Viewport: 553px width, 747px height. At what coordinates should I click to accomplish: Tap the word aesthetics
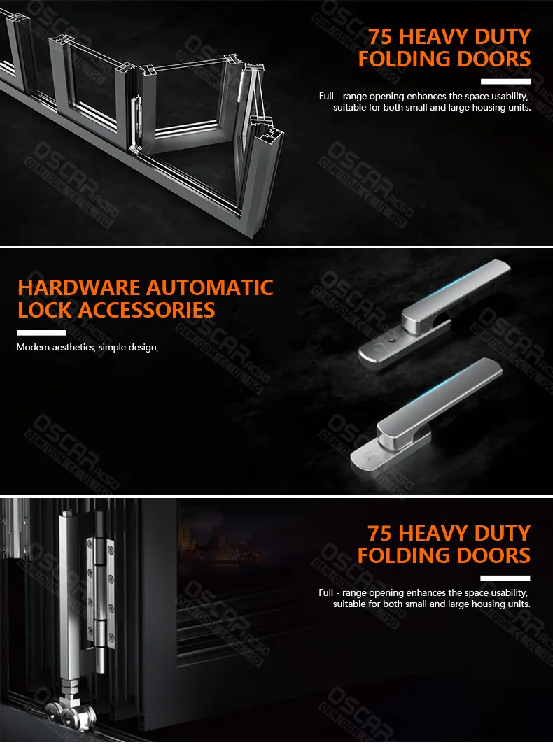point(76,347)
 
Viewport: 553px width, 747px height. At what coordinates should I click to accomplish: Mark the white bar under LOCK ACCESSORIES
point(41,332)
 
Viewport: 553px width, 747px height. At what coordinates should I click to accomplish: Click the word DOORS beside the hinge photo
point(494,556)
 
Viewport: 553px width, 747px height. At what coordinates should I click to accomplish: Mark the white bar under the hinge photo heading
point(505,578)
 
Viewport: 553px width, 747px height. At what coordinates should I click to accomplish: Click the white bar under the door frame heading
point(505,81)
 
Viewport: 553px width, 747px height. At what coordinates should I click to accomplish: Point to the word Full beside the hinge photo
point(325,592)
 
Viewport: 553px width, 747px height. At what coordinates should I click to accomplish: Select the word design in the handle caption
point(143,347)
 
